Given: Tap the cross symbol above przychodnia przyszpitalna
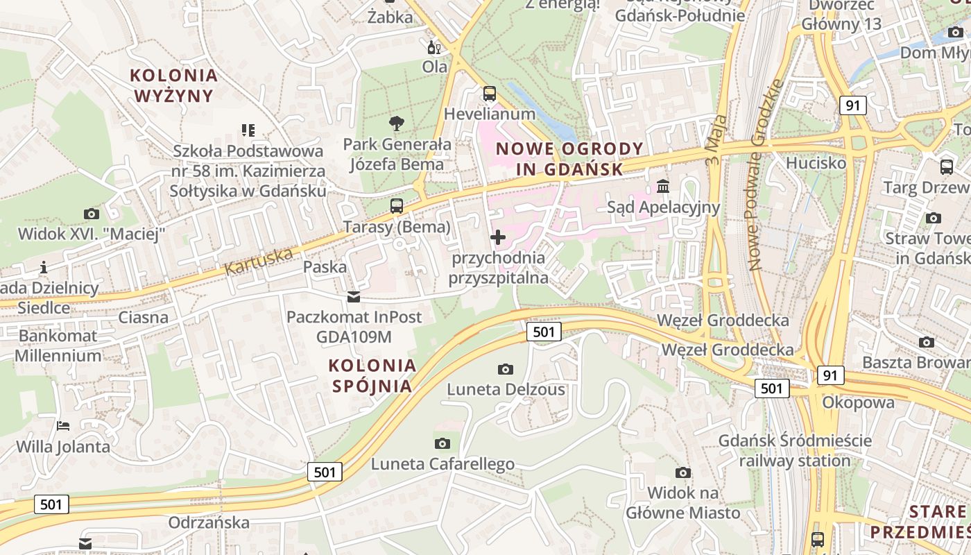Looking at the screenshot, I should click(x=497, y=238).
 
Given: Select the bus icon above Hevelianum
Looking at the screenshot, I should click(x=490, y=93).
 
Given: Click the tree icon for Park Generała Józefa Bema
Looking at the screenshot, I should click(x=397, y=124).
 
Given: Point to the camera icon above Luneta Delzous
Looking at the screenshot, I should click(x=506, y=369).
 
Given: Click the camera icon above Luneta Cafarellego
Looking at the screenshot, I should click(x=442, y=443).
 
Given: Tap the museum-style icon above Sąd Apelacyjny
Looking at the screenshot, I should click(x=663, y=187).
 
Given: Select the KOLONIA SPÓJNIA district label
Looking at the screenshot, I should click(x=372, y=375).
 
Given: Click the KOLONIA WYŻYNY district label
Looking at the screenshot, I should click(x=174, y=85).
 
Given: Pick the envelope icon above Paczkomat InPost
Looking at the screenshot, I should click(x=354, y=298).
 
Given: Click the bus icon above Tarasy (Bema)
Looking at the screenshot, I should click(x=397, y=206).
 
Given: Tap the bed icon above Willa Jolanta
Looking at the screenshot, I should click(x=63, y=426).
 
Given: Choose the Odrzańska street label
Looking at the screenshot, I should click(x=209, y=522).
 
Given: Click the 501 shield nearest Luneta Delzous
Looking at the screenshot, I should click(x=544, y=332).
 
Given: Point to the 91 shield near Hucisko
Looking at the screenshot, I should click(x=852, y=105).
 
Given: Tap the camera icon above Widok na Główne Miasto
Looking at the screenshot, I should click(x=683, y=473).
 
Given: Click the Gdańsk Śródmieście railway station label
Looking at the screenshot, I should click(x=795, y=450).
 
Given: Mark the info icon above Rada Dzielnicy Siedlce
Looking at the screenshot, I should click(x=44, y=267).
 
